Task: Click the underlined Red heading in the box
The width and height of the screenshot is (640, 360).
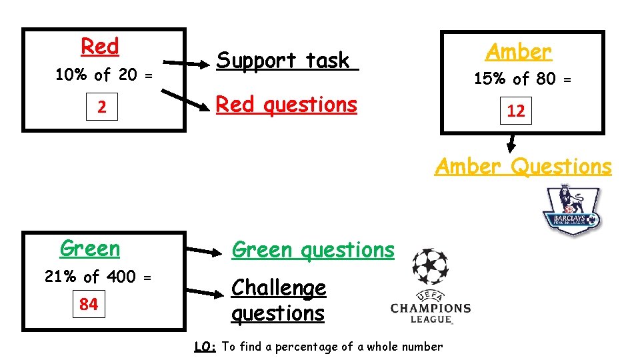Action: (100, 47)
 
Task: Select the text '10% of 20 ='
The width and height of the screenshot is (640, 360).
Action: (103, 75)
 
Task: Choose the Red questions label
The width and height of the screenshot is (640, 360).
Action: (287, 105)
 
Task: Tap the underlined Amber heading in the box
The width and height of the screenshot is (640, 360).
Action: (519, 51)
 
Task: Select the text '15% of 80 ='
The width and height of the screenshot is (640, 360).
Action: (522, 79)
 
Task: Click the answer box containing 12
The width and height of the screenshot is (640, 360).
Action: (516, 111)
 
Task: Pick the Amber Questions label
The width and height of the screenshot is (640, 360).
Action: (523, 166)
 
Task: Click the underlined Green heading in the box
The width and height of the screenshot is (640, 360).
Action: (90, 249)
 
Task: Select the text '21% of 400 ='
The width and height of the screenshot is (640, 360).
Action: (99, 277)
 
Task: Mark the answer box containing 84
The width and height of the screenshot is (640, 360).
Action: (89, 305)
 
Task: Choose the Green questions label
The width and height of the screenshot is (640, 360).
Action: (313, 250)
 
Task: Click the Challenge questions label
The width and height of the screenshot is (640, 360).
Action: (279, 301)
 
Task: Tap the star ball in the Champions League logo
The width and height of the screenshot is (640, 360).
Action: (430, 267)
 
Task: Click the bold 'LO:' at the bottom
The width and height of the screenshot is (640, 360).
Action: (205, 347)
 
